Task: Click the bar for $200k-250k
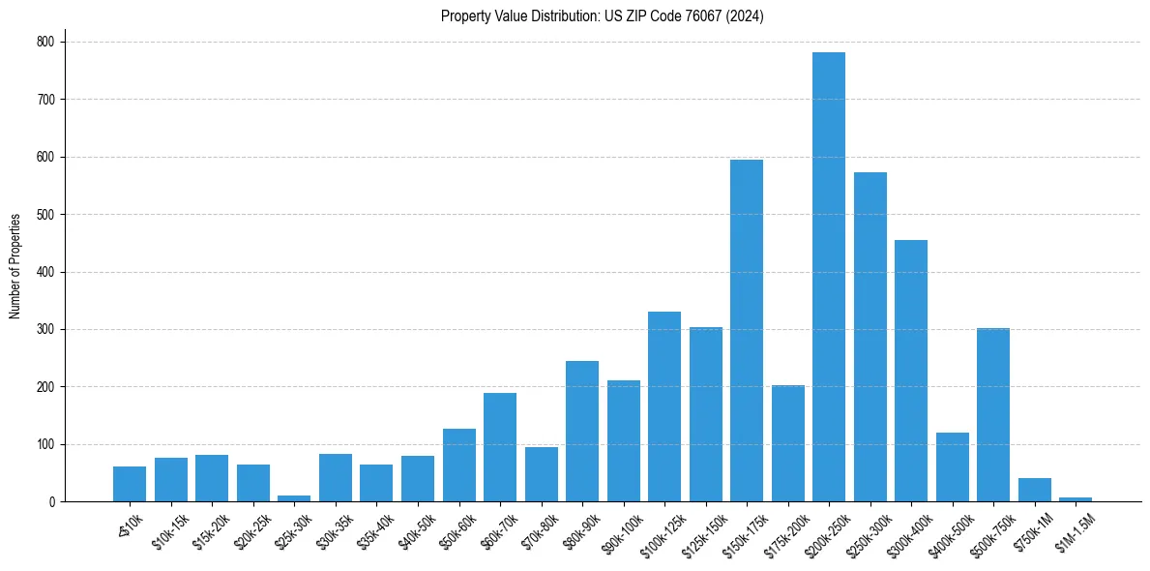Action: [828, 277]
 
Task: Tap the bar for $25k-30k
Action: [294, 498]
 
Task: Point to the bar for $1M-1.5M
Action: [1076, 499]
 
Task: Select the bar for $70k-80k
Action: [541, 474]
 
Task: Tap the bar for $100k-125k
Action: [663, 406]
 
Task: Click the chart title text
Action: [602, 16]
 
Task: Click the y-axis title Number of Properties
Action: [15, 266]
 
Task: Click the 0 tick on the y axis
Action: [53, 501]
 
